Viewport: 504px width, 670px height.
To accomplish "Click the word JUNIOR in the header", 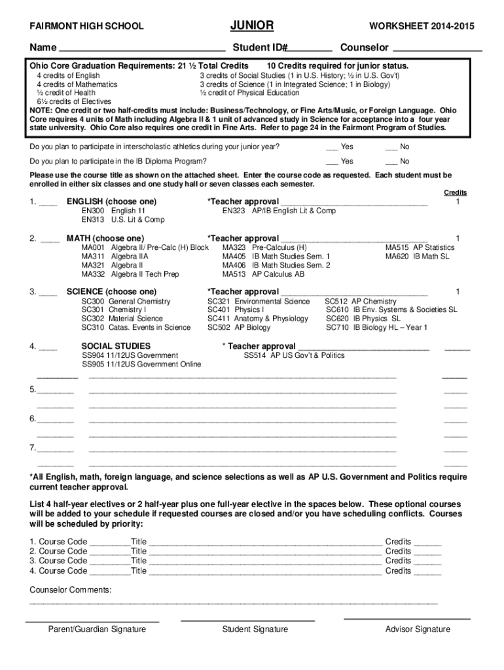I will click(x=251, y=26).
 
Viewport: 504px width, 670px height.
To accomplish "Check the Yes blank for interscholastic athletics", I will click(x=333, y=147).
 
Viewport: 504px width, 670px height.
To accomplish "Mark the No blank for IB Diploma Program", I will click(x=391, y=161).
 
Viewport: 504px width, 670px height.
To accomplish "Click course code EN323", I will click(x=234, y=211).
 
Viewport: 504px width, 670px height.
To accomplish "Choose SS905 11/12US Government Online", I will click(x=141, y=364).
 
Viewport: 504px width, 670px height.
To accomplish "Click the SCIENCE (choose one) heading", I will click(x=111, y=291).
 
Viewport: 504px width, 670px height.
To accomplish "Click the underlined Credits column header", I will click(x=456, y=192).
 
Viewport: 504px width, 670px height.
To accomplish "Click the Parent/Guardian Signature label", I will click(x=97, y=629).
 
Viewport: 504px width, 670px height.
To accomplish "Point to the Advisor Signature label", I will click(x=418, y=629).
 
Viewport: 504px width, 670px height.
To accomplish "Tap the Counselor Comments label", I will click(x=71, y=590).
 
